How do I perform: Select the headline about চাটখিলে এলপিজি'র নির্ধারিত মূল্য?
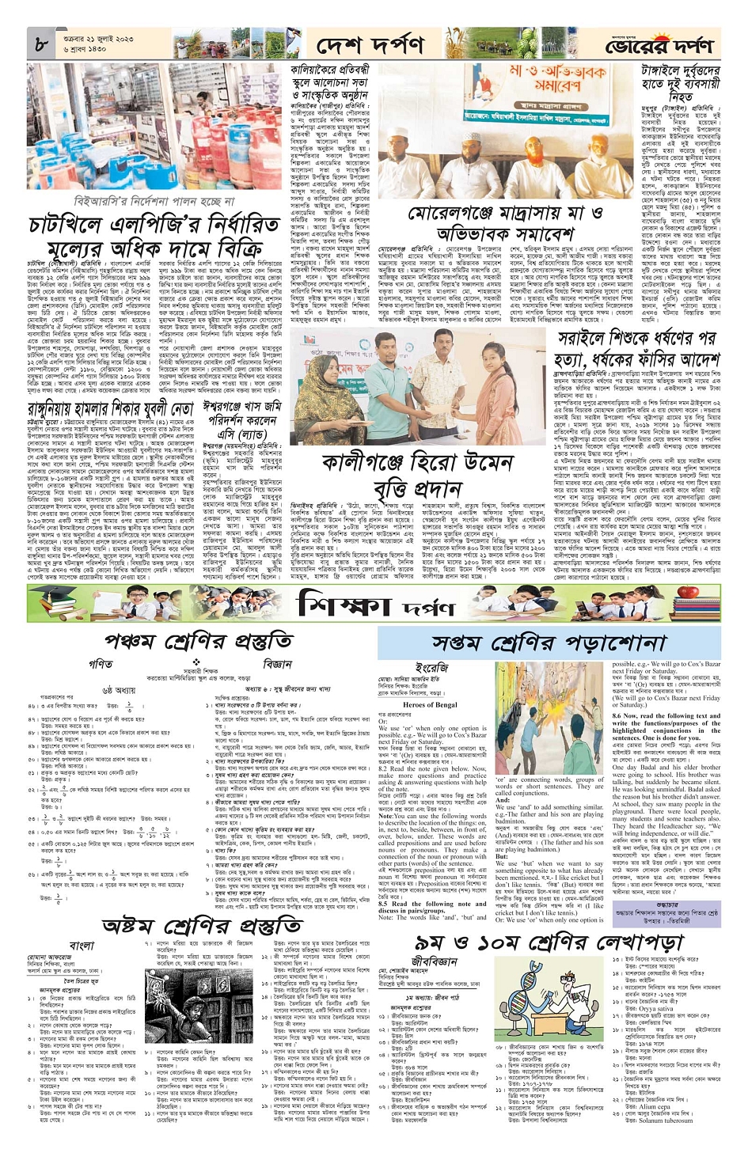(x=154, y=234)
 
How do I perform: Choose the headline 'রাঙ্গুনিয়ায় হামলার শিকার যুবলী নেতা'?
(x=111, y=409)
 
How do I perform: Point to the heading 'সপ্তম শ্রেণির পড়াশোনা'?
(x=538, y=643)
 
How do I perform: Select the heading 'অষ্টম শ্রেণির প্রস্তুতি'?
(x=202, y=927)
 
